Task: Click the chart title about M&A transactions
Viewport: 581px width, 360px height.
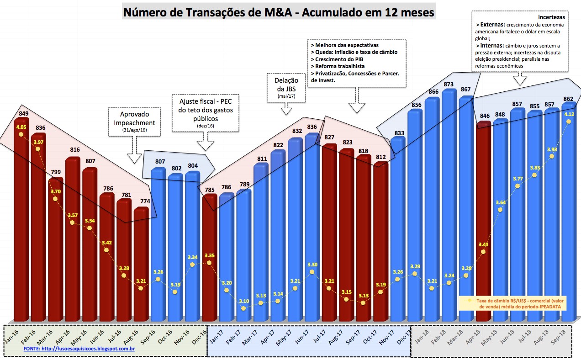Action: point(279,12)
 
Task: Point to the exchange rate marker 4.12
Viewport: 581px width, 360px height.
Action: point(569,122)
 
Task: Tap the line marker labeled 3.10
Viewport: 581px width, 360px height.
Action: point(243,308)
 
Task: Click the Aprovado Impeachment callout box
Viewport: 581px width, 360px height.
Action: point(134,121)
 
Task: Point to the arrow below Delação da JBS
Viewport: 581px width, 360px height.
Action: point(286,109)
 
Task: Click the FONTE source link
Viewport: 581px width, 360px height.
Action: point(79,349)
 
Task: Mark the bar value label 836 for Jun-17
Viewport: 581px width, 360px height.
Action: point(312,127)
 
